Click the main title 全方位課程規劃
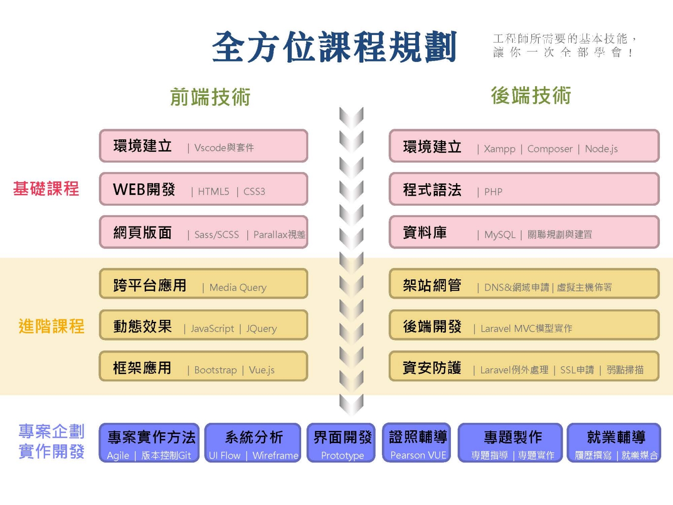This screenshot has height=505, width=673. pos(334,47)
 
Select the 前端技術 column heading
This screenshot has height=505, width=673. pos(210,97)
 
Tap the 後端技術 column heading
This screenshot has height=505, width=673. pos(531,96)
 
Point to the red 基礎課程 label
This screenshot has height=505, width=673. pos(46,189)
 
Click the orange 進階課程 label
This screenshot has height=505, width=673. pos(51,326)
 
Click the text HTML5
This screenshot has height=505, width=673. pos(214,191)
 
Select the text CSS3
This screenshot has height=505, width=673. pos(254,191)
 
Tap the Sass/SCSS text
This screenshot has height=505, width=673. pos(217,235)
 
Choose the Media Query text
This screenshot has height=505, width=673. pos(238,287)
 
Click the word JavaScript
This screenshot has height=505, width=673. pos(212,328)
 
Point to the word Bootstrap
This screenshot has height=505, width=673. pos(215,370)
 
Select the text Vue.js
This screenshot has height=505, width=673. pos(262,370)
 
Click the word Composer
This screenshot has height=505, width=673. pos(550,149)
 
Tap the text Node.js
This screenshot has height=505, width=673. pos(601,149)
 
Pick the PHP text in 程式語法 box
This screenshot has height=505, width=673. pos(493,192)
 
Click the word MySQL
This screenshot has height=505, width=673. pos(500,235)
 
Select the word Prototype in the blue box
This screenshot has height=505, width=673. pos(342,455)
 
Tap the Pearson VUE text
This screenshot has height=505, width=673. pos(418,455)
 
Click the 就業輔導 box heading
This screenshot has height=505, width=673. pos(616,437)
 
